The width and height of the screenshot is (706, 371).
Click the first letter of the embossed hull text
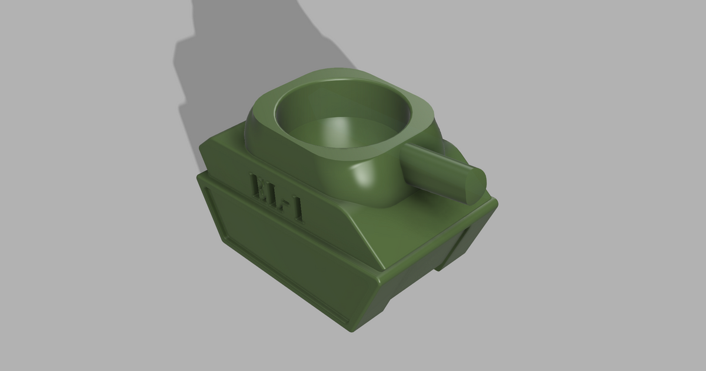coord(259,187)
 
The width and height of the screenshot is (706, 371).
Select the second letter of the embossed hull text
coord(274,195)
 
